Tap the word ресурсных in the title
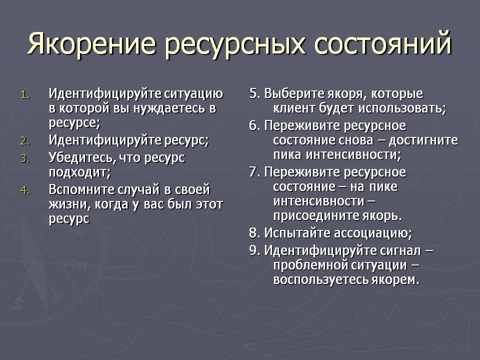pyautogui.click(x=235, y=46)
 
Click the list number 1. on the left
pyautogui.click(x=25, y=94)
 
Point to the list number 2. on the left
pyautogui.click(x=25, y=141)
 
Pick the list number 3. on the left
pyautogui.click(x=25, y=158)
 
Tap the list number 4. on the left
pyautogui.click(x=25, y=190)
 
